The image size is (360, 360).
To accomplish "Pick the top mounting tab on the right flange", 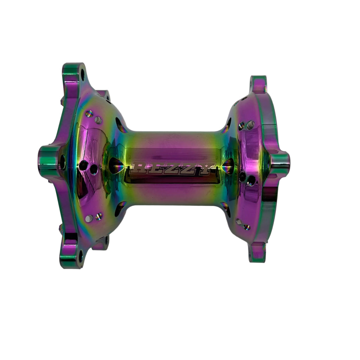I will [x=258, y=84].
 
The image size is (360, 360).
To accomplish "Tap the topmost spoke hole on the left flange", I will [x=89, y=114].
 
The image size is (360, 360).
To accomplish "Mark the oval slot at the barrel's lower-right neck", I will [x=225, y=208].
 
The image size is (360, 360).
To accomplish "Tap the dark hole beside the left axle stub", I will [x=63, y=162].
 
